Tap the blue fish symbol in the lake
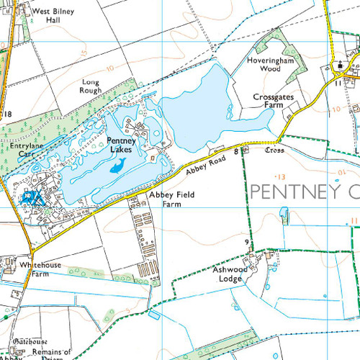117,167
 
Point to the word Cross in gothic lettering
275,153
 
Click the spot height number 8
236,151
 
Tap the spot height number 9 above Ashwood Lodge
247,242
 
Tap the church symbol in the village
338,66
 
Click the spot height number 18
9,115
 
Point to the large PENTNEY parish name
302,192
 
